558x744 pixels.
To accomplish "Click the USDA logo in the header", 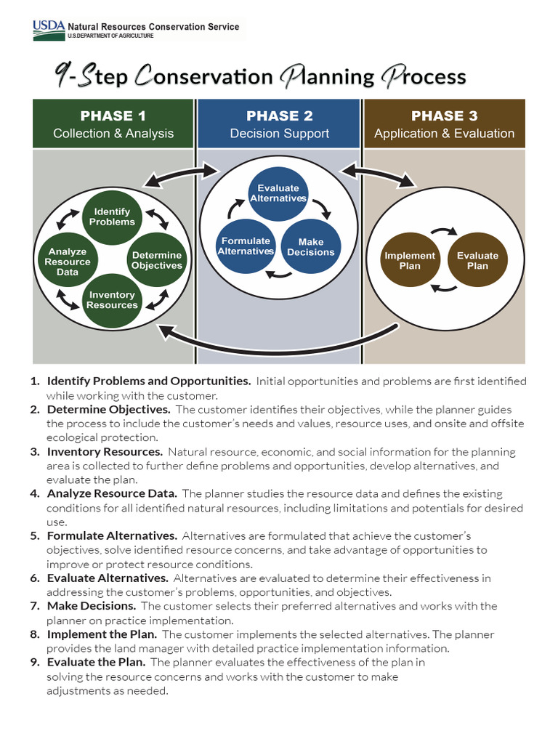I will click(48, 28).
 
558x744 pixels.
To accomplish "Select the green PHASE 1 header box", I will click(113, 124).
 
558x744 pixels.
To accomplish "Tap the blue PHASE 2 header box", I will click(279, 124).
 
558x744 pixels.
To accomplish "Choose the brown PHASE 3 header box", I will click(444, 124).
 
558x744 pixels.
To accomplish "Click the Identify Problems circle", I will click(112, 217).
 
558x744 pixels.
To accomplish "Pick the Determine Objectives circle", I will click(156, 260).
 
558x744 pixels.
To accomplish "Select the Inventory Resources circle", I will click(112, 300).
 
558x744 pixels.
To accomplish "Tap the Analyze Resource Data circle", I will click(68, 262).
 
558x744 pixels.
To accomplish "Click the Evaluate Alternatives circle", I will click(278, 193).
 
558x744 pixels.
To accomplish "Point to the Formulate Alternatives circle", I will click(246, 246).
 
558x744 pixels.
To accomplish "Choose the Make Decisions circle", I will click(311, 247).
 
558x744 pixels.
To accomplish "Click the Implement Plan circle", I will click(410, 260).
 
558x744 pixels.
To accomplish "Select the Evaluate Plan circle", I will click(477, 260).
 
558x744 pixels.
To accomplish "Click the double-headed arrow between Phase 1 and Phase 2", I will click(182, 173).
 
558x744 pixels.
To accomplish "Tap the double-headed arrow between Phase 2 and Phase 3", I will click(377, 174).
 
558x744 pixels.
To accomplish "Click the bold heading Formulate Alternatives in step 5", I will click(112, 535).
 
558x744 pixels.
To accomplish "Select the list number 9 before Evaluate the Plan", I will click(35, 662).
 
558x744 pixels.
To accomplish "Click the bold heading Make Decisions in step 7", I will click(92, 605).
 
